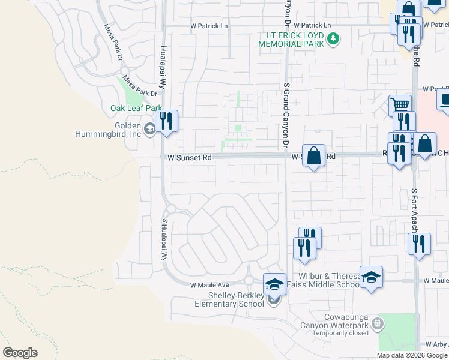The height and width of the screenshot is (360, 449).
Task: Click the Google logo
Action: pos(20,353)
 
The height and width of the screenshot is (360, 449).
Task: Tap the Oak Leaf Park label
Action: pos(136,109)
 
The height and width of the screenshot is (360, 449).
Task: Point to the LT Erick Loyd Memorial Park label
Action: pos(291,40)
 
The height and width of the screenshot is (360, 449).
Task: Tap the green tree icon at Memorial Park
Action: pos(333,39)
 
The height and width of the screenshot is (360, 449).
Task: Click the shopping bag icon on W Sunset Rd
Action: pos(313,156)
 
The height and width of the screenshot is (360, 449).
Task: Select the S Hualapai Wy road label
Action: pos(163,238)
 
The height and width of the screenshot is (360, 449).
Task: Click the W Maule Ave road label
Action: pos(210,284)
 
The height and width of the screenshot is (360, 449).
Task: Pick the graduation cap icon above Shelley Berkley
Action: pos(274,283)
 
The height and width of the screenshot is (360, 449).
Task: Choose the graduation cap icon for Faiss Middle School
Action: pos(371,277)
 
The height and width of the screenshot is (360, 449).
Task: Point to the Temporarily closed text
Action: pos(338,332)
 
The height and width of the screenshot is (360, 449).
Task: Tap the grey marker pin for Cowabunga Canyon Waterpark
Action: pos(378,324)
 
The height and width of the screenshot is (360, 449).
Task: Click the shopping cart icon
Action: pos(400,104)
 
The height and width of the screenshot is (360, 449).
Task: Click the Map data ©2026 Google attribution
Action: pos(412,355)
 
